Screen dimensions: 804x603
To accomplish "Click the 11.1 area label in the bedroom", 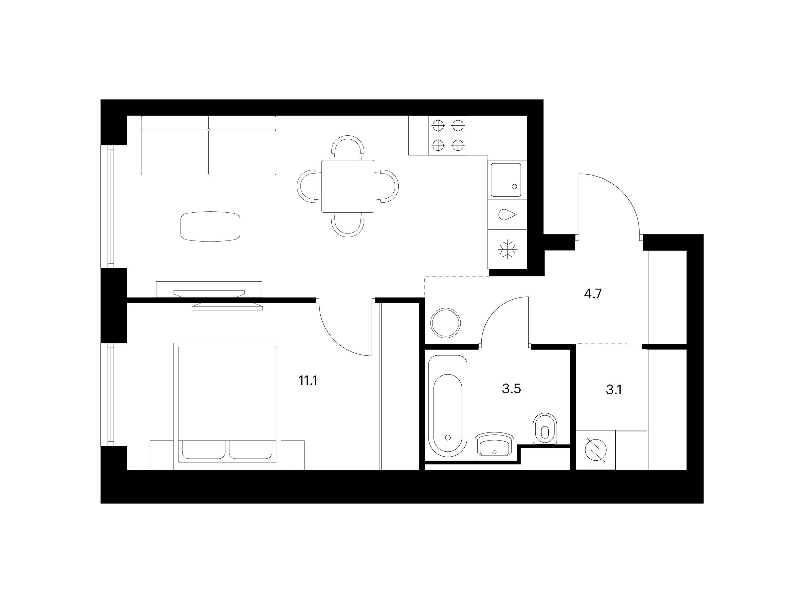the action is click(308, 381).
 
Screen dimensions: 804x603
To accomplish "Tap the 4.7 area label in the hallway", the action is click(593, 294).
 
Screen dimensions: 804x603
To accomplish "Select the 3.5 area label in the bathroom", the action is click(512, 389).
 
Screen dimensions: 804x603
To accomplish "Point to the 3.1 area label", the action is click(614, 390).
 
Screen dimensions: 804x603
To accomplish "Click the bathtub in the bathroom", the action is click(448, 406).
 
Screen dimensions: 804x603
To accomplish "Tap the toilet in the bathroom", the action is click(545, 428).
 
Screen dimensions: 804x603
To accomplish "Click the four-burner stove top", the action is click(448, 136).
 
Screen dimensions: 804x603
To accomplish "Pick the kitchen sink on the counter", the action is click(506, 180).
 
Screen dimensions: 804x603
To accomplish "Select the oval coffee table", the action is click(210, 227).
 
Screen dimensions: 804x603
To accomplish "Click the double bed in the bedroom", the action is click(227, 406).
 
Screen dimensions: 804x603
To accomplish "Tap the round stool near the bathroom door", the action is click(446, 322).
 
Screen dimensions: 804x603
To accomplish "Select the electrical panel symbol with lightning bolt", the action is click(595, 450).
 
